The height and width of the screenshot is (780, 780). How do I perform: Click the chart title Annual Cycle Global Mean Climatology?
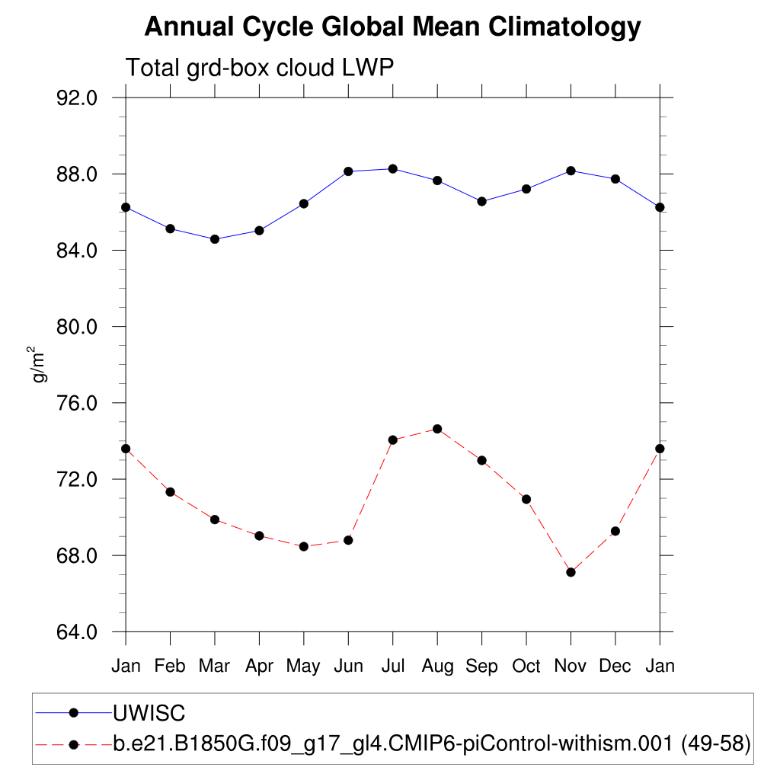pos(392,27)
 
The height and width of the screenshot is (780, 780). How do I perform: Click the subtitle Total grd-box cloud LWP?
pos(259,68)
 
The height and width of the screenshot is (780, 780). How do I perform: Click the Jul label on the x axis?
pos(392,667)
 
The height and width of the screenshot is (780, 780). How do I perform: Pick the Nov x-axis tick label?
pos(571,667)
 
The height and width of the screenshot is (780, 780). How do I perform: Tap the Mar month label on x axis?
pos(214,667)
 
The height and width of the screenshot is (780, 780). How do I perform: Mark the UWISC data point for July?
pos(392,168)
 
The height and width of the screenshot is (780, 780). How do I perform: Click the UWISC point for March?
pos(215,239)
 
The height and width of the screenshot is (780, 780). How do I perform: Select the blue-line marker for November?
pos(571,171)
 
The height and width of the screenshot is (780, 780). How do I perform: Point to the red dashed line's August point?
pos(437,429)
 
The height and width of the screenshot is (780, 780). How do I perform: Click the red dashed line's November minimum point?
pos(571,572)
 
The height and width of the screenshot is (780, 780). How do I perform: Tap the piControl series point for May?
pos(304,546)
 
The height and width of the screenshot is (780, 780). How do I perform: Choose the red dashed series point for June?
pos(348,540)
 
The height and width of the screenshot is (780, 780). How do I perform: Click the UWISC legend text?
pos(149,713)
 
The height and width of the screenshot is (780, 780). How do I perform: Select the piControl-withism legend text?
pos(432,743)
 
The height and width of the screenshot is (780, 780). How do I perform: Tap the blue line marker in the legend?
pos(74,713)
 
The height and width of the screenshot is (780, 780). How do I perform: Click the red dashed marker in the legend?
pos(74,743)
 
